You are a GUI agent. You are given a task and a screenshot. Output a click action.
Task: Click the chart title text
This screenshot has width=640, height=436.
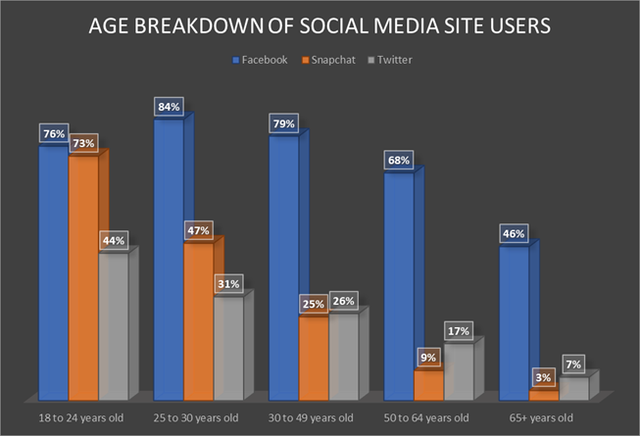320,26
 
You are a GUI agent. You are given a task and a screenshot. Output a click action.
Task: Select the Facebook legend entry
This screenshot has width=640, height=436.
263,60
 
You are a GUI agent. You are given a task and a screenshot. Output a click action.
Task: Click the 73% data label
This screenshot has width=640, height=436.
82,144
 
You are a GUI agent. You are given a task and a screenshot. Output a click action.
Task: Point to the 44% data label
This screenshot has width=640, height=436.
113,240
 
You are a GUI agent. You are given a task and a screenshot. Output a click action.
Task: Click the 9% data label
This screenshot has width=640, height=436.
429,358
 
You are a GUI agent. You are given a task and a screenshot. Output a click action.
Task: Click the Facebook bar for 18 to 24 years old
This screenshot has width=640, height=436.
53,274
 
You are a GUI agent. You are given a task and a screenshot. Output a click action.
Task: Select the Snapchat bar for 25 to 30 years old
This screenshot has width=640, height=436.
198,323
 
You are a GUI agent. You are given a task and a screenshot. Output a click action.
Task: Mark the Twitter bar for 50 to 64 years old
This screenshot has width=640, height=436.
459,372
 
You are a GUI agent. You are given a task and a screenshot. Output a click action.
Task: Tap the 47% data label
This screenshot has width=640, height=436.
199,231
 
